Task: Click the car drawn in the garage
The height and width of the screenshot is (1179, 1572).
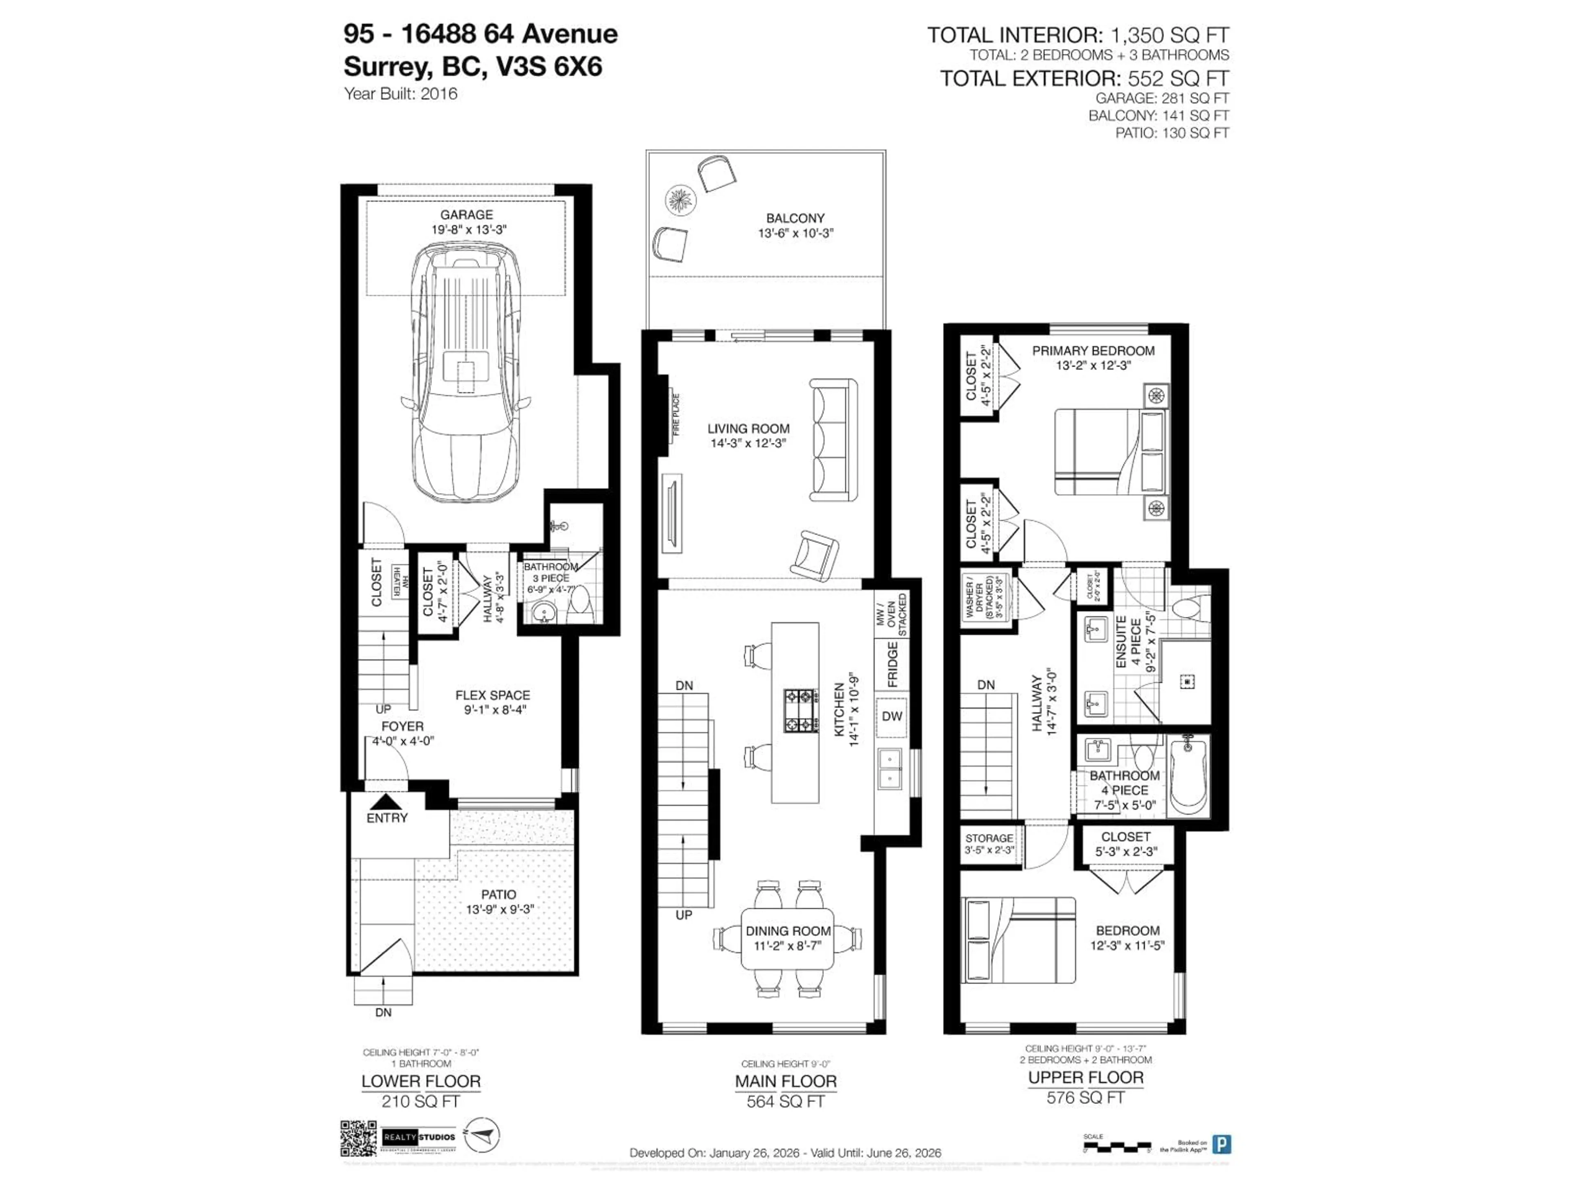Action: coord(465,373)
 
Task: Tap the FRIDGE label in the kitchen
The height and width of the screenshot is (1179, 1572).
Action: coord(892,664)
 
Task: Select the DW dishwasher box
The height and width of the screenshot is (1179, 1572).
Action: coord(892,716)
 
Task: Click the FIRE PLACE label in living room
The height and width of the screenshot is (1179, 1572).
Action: coord(676,414)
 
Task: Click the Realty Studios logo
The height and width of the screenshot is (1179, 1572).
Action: coord(418,1137)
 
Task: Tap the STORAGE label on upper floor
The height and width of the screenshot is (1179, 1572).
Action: coord(989,838)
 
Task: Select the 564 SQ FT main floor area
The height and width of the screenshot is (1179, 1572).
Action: coord(785,1102)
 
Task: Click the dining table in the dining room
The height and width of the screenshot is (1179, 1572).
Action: coord(787,938)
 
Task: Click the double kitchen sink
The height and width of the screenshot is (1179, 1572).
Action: coord(890,769)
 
